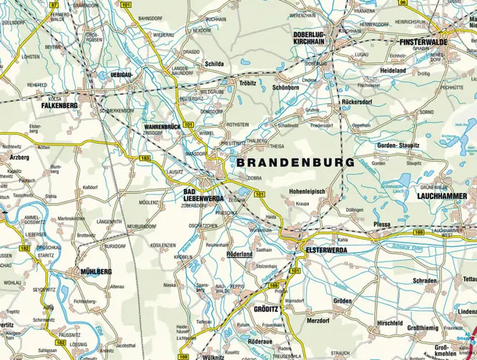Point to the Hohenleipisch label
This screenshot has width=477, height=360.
(x=308, y=192)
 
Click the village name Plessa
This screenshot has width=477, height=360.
(x=381, y=224)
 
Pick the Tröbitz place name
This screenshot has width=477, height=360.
(x=247, y=83)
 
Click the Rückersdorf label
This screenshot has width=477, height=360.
(x=358, y=102)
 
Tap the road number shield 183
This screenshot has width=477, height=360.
(x=146, y=157)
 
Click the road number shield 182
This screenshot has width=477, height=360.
(x=25, y=248)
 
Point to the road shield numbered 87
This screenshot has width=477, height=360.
(x=54, y=4)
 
